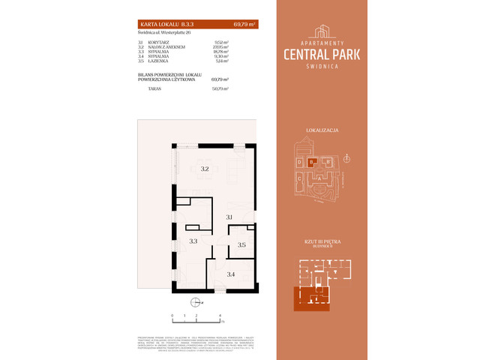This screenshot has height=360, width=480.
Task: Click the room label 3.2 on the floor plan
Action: point(204,169)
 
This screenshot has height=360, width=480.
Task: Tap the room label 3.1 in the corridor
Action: point(230,217)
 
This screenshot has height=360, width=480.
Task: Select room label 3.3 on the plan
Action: point(193,241)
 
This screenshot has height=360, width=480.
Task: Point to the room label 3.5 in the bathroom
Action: point(242,244)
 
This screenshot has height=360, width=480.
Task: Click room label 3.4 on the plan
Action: point(231,274)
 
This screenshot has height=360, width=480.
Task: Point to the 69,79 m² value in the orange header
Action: point(244,25)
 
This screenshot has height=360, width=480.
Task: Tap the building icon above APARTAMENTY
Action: point(323,31)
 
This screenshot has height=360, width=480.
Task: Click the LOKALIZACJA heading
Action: point(323,130)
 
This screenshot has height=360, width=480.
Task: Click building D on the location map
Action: point(299,162)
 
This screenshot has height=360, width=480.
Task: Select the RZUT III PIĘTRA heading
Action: point(323,241)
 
